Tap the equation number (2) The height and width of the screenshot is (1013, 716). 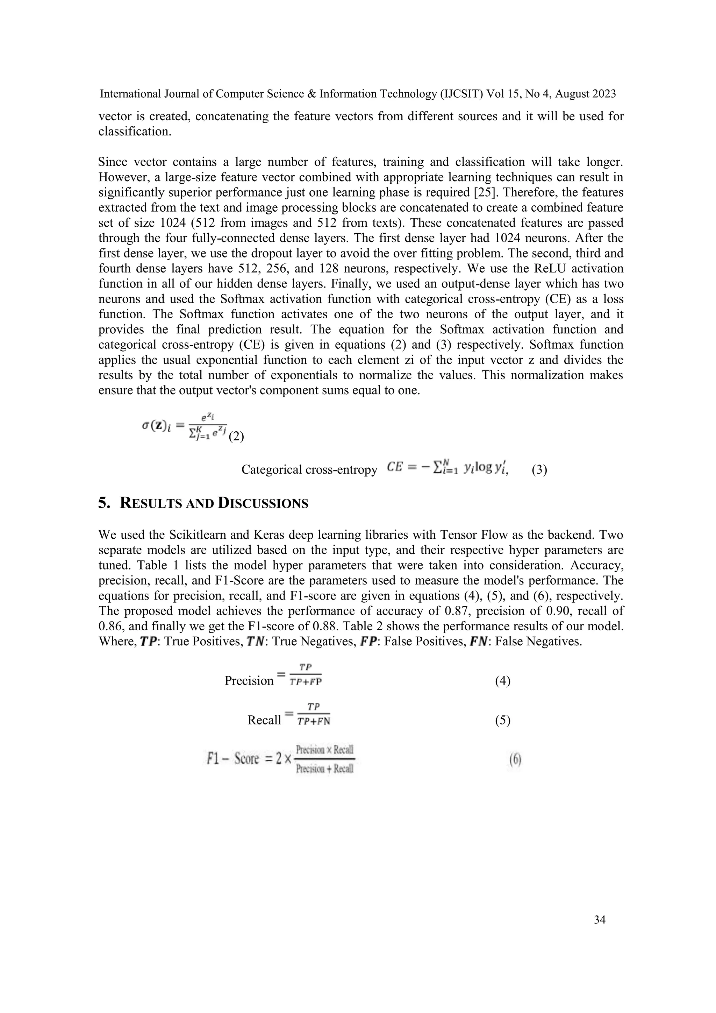(236, 437)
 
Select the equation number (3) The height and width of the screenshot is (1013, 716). (539, 470)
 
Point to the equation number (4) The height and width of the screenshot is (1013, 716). (503, 681)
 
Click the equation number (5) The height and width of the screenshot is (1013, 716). (503, 720)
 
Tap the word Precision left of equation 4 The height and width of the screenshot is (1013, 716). (249, 681)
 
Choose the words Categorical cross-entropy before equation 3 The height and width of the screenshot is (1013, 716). (309, 470)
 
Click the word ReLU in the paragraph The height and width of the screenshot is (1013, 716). (545, 268)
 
